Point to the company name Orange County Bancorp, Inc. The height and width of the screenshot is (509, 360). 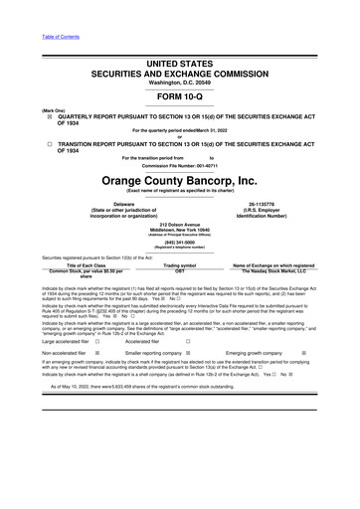pos(180,181)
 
